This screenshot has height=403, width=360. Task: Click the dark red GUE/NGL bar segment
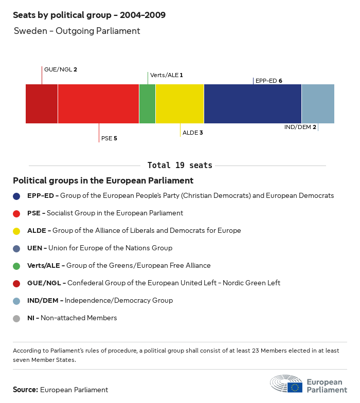click(42, 104)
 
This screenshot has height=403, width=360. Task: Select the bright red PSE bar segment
click(98, 104)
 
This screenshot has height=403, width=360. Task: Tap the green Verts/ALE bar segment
click(147, 104)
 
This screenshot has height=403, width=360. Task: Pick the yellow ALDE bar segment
click(179, 104)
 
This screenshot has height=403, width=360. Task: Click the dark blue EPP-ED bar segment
click(253, 104)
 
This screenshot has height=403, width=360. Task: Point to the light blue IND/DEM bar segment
click(318, 104)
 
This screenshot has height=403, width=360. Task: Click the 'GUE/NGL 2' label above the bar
click(61, 69)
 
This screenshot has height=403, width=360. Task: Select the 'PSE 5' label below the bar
click(109, 138)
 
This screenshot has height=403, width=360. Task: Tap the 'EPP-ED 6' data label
click(269, 81)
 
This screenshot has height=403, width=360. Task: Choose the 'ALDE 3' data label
click(193, 133)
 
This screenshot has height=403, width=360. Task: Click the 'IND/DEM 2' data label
click(300, 127)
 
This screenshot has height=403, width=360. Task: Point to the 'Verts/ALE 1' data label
click(167, 75)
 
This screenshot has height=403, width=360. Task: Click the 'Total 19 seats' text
click(180, 166)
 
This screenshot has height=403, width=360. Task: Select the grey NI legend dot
click(17, 318)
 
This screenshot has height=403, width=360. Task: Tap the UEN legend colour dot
click(17, 248)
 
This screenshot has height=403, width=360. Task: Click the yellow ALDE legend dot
click(17, 231)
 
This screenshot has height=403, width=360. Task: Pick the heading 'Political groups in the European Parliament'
click(103, 181)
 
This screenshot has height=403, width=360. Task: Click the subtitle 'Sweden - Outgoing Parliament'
click(77, 31)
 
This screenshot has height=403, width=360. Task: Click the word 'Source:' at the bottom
click(25, 390)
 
